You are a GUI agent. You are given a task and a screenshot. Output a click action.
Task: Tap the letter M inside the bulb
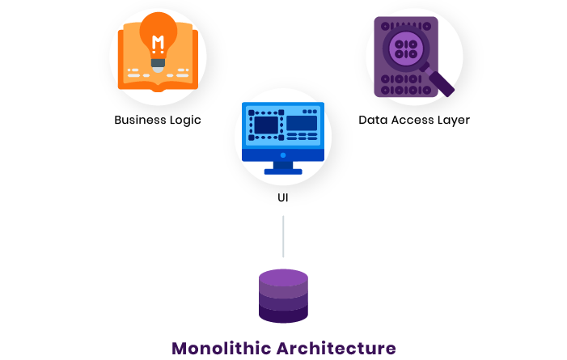pos(158,41)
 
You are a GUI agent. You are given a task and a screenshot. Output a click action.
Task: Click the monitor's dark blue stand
pos(283,167)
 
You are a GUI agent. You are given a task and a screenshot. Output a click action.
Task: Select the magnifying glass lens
pos(405,46)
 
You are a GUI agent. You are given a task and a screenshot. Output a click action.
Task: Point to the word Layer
pos(453,120)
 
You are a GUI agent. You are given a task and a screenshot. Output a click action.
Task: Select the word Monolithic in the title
pos(220,349)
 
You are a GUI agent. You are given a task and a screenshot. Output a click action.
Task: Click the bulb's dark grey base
pos(158,61)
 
